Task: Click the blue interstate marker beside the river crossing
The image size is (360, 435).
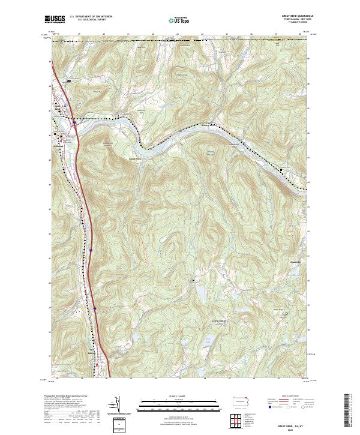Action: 74,124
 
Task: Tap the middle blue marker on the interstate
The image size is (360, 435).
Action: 91,250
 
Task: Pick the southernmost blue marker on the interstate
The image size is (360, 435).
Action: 95,310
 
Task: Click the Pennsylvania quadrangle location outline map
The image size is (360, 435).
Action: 242,401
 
